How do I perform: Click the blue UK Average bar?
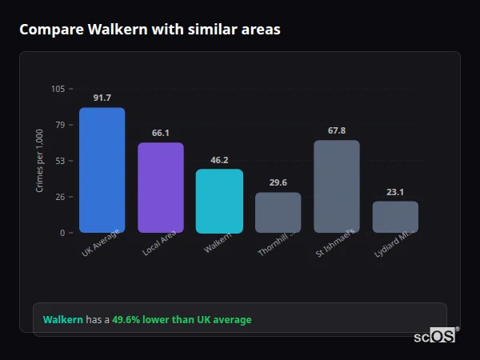(x=102, y=170)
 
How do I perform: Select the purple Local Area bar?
(x=161, y=188)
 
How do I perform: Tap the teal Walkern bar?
(x=219, y=201)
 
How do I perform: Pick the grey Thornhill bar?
(x=278, y=213)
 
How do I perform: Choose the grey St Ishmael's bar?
(x=337, y=186)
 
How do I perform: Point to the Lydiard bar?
(x=395, y=217)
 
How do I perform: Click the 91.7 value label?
(x=102, y=98)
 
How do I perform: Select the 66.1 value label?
(x=161, y=133)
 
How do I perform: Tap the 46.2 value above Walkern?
(x=219, y=160)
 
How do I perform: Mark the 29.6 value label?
(x=278, y=182)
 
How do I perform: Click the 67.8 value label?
(x=337, y=130)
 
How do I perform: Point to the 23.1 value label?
(x=395, y=192)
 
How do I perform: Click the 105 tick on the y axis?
(x=58, y=89)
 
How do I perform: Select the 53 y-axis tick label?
(x=60, y=161)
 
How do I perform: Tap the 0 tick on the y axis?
(x=62, y=233)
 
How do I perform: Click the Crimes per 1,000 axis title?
(x=40, y=160)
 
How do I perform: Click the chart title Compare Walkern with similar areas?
(x=150, y=30)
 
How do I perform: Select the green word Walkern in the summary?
(x=62, y=320)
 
